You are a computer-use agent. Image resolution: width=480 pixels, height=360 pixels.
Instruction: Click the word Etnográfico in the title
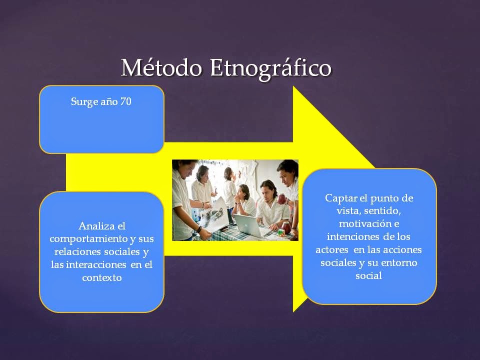point(270,69)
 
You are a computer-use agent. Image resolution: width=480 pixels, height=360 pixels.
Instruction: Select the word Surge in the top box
point(85,102)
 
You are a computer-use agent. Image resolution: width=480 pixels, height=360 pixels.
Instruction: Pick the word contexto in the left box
point(101,277)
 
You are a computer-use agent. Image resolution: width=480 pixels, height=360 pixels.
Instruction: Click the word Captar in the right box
point(341,197)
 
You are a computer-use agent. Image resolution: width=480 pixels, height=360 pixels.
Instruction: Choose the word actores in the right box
point(332,249)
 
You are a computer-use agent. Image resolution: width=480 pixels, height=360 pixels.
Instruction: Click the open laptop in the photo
point(246,225)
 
